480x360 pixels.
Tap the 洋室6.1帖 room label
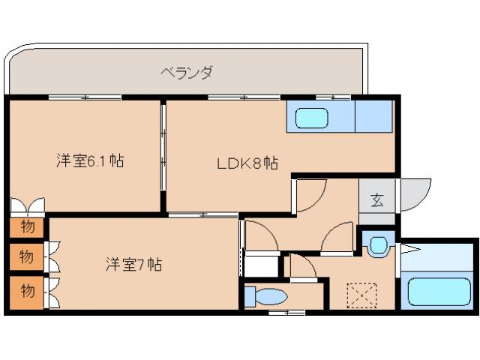click(x=89, y=160)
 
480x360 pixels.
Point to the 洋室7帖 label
click(x=133, y=264)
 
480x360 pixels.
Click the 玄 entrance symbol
click(x=376, y=200)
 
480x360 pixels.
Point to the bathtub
click(x=436, y=289)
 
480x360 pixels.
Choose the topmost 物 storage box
click(x=27, y=226)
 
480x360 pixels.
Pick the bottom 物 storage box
click(x=27, y=290)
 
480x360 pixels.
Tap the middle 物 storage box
click(x=27, y=257)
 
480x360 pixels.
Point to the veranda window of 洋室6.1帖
click(x=85, y=97)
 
